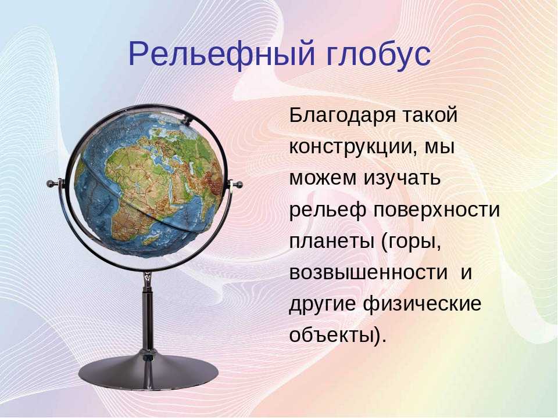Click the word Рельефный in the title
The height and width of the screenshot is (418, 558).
[x=221, y=55]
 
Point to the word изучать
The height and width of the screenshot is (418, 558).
[x=402, y=178]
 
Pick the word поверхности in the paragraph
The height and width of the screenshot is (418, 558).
[x=437, y=210]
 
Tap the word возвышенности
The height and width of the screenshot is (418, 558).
[x=368, y=272]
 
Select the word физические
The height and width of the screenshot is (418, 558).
[x=423, y=304]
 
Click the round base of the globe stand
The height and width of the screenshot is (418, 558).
[x=148, y=372]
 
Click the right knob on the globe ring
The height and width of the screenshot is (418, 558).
[x=239, y=185]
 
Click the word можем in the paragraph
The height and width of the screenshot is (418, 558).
[x=323, y=178]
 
